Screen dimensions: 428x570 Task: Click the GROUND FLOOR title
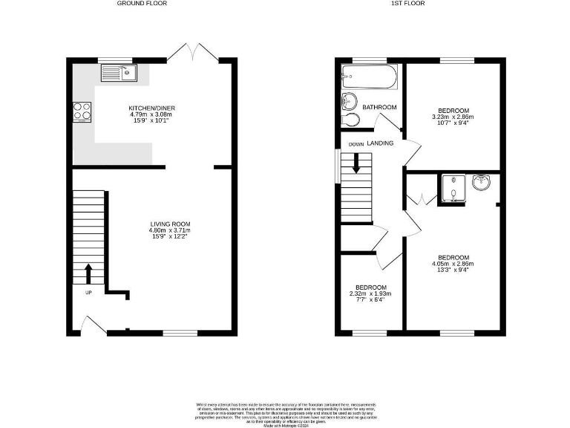(142, 4)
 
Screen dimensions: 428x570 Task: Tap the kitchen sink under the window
(119, 73)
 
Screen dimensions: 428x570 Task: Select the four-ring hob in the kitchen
(82, 111)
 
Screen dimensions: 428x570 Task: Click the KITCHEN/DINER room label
(151, 108)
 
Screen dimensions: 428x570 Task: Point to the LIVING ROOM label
(171, 224)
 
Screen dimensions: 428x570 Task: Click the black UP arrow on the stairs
(88, 273)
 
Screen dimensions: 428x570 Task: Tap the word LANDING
(380, 143)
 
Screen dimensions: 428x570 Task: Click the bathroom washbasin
(349, 102)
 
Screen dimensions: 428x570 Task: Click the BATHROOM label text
(379, 108)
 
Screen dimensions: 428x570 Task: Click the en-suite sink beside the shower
(482, 182)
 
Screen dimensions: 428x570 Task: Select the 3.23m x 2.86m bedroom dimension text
(453, 117)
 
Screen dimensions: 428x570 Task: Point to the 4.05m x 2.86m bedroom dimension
(453, 264)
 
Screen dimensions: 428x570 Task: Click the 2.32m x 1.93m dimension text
(370, 294)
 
